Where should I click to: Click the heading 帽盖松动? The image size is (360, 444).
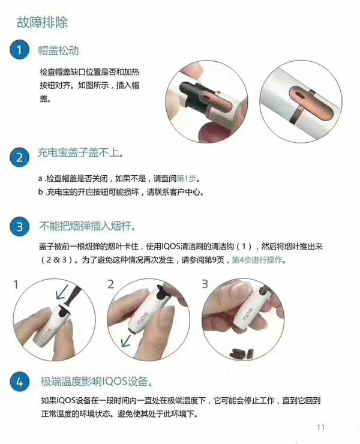click(58, 50)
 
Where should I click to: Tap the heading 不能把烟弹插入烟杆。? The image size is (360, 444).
click(86, 227)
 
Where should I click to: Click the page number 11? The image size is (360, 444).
click(319, 427)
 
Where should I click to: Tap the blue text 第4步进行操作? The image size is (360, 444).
click(258, 260)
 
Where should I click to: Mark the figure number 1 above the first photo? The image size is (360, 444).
click(16, 283)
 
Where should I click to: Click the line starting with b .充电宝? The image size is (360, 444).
click(120, 192)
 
